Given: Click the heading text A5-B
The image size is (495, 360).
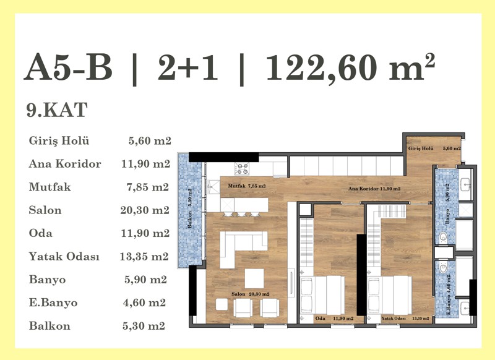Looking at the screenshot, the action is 68,67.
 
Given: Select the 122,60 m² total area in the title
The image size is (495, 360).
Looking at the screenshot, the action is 351,67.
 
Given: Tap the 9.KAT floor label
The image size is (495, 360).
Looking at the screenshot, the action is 57,110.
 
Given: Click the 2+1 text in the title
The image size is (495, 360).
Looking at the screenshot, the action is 188,67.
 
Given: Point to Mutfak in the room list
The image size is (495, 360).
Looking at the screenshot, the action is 50,187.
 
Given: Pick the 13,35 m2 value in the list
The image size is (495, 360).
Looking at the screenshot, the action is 144,257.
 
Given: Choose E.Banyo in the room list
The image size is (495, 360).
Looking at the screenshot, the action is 53,302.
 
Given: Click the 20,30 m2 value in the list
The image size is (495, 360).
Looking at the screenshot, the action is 145,210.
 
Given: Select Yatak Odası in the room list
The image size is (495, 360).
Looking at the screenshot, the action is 64,256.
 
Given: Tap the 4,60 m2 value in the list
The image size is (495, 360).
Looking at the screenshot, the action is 144,302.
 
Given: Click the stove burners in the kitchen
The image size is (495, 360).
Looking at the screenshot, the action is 242,168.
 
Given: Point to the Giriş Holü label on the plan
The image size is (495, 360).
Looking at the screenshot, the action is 421,148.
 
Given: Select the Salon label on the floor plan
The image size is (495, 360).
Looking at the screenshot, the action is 238,294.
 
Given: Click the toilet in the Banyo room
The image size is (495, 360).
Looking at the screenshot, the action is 444,236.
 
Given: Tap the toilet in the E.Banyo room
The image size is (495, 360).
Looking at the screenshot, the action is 444,268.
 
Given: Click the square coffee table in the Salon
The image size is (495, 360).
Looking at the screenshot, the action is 254,278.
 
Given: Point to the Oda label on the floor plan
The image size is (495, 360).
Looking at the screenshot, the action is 321,319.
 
